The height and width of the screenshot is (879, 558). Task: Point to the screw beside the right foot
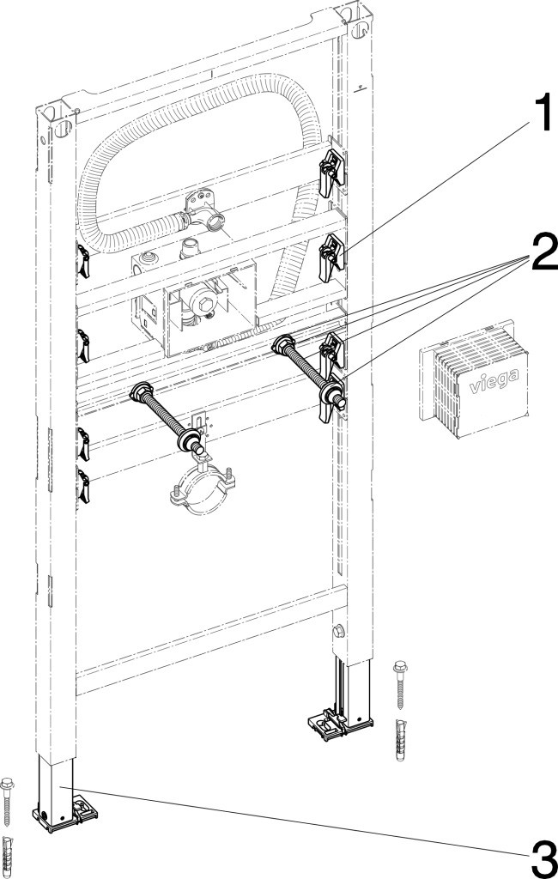point(401,685)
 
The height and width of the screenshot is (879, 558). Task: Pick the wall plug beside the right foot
point(400,740)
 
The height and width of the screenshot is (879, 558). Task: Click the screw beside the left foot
point(7,802)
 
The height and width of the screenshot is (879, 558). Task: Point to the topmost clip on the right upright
point(332,169)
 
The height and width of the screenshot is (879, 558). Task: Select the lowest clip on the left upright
point(83,486)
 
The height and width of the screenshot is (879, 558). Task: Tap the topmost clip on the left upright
point(83,260)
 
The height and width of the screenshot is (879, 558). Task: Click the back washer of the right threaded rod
point(282,343)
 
